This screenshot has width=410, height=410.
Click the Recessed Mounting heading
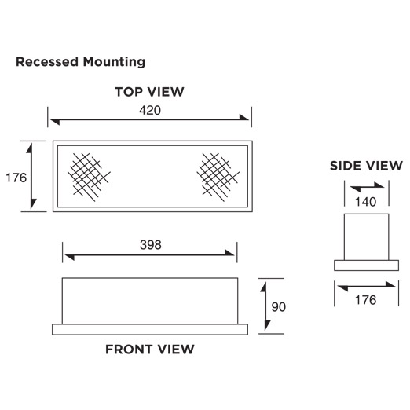pos(80,62)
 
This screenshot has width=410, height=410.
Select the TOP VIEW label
pos(149,92)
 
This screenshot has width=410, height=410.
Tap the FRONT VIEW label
pos(150,350)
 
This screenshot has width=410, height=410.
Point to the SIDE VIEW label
pos(366,166)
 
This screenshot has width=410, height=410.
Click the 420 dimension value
pos(150,111)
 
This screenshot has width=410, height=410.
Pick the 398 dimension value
pos(151,245)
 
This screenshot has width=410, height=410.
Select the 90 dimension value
pos(279,307)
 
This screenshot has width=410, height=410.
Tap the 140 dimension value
pos(366,202)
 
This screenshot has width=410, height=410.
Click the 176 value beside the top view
pos(16,178)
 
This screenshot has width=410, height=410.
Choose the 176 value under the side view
pos(366,300)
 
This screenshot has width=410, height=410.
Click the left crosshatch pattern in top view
pos(89,178)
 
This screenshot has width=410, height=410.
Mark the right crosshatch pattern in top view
pos(218,178)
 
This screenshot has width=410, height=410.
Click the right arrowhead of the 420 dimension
pos(244,118)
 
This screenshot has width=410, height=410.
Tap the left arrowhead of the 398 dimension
pos(70,257)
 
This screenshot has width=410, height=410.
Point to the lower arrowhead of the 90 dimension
pos(267,325)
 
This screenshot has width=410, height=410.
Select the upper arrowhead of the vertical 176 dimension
pos(29,148)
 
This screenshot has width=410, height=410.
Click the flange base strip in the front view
pos(150,329)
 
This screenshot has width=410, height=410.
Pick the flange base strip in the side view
pos(367,265)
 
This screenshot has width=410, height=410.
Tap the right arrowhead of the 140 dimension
pos(379,185)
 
